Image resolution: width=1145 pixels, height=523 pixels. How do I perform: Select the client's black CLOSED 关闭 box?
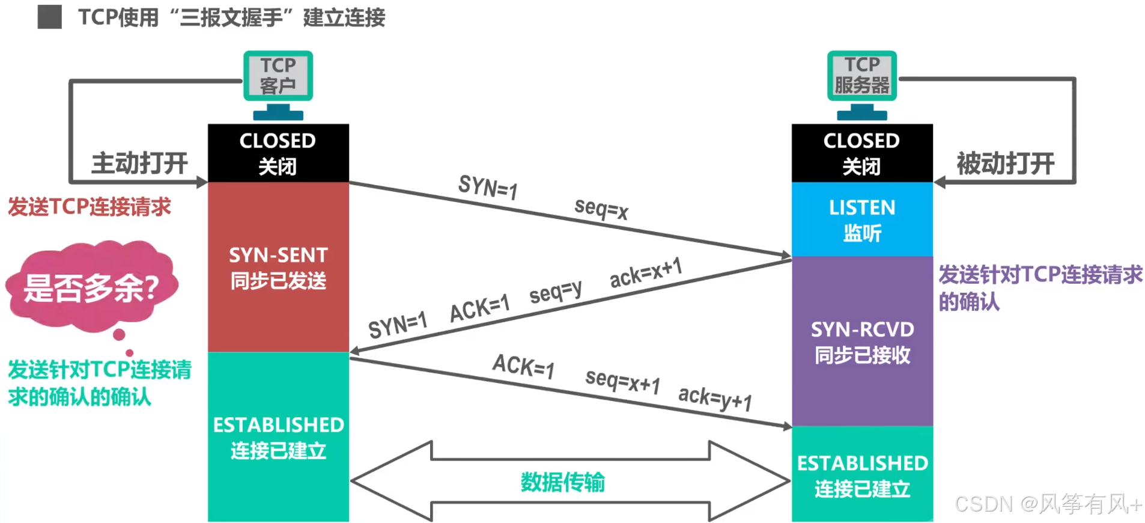(278, 153)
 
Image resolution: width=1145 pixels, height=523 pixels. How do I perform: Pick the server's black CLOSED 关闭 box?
(861, 153)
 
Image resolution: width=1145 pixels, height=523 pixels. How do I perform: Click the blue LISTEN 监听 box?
(861, 219)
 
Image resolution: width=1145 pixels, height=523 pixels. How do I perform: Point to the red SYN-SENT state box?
(278, 268)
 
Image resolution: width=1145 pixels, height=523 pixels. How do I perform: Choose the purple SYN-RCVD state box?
(861, 341)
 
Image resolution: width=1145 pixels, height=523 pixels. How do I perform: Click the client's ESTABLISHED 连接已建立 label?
(278, 437)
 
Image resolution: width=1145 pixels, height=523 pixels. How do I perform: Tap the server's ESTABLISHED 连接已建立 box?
(861, 475)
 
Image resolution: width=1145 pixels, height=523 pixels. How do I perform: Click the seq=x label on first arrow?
(601, 209)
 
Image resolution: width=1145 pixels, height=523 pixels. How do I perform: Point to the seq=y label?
(555, 292)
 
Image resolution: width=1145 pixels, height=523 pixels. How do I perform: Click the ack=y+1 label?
(715, 397)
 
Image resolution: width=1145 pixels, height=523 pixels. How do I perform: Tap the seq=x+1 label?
(622, 381)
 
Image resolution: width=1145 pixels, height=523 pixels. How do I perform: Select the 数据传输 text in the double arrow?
(562, 482)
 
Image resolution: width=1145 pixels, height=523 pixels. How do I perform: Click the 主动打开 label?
(139, 164)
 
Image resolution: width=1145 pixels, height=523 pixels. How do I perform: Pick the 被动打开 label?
(1005, 164)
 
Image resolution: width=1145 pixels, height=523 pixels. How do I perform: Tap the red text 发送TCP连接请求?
(90, 207)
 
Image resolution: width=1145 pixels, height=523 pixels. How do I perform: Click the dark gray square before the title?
(49, 17)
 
